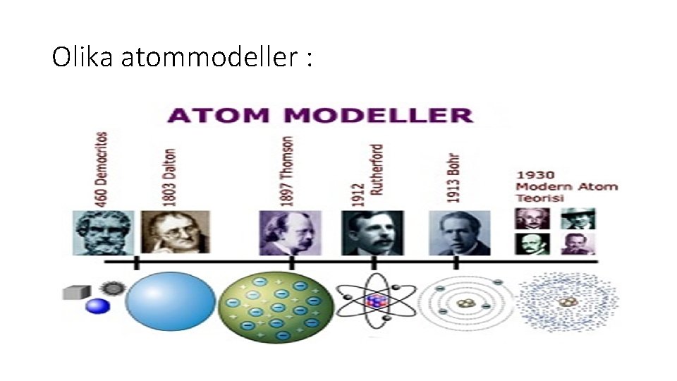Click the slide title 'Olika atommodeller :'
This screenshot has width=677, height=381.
click(x=181, y=57)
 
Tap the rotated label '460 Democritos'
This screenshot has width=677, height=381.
click(x=102, y=169)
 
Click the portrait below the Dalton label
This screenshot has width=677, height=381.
click(x=175, y=232)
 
